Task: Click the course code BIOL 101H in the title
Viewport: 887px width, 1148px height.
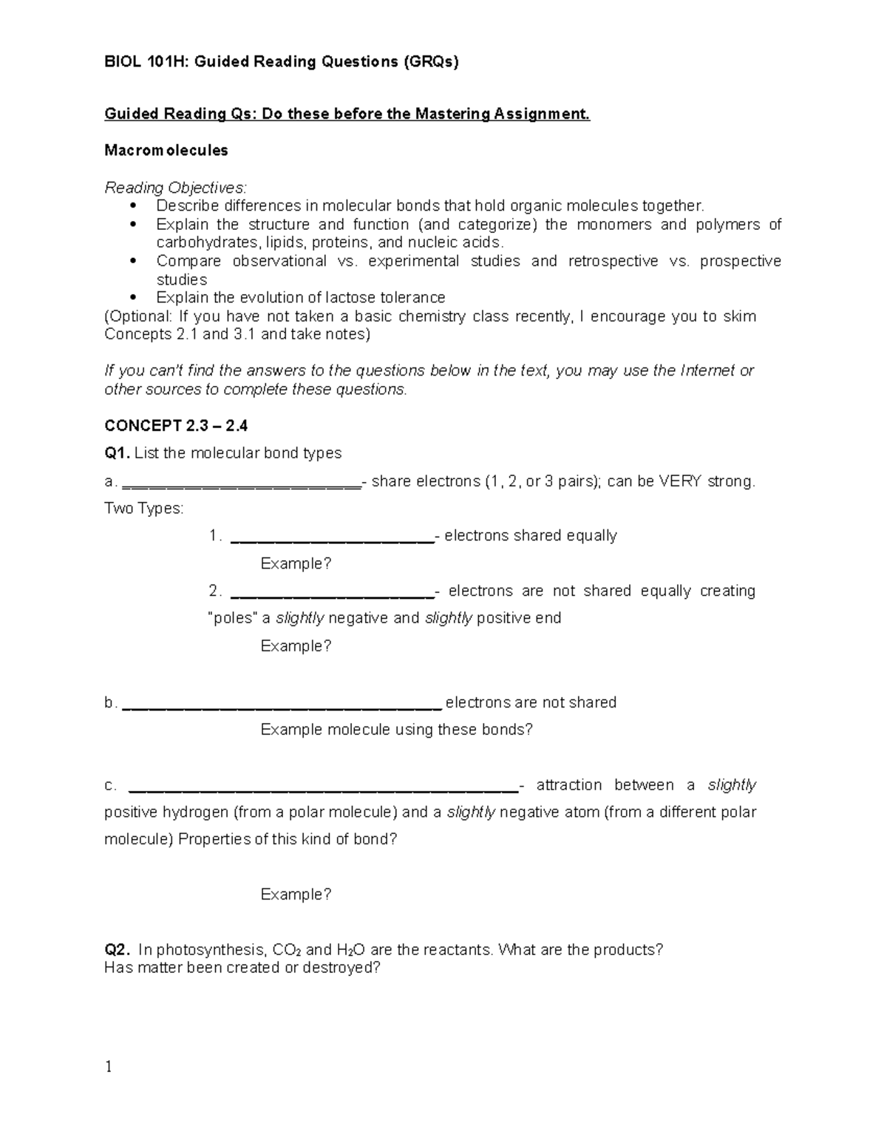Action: point(136,62)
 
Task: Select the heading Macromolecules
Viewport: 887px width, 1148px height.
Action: point(166,151)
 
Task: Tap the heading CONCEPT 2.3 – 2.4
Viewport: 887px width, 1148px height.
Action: point(176,426)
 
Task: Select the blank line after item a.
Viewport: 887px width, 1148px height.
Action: point(241,485)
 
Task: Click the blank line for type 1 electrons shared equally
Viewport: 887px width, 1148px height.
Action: point(333,540)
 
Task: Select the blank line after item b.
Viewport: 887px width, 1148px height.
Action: point(282,706)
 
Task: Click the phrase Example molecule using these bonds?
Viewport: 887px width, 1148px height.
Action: point(396,730)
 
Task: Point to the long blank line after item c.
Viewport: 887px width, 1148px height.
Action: point(324,789)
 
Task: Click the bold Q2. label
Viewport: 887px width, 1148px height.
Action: point(118,950)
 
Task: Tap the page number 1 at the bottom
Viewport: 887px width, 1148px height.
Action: point(109,1067)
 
